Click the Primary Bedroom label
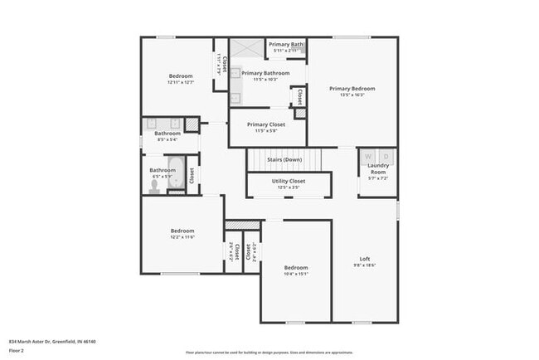[352, 89]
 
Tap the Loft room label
[364, 258]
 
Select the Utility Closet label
[289, 181]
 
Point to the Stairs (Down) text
[284, 159]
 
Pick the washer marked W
[367, 156]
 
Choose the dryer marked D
[386, 156]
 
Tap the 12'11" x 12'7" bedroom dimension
[181, 82]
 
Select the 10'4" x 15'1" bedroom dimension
[296, 274]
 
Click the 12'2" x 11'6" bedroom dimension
[182, 237]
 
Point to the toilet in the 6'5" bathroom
[154, 188]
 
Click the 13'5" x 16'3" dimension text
[352, 95]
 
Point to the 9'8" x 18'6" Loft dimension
[364, 265]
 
